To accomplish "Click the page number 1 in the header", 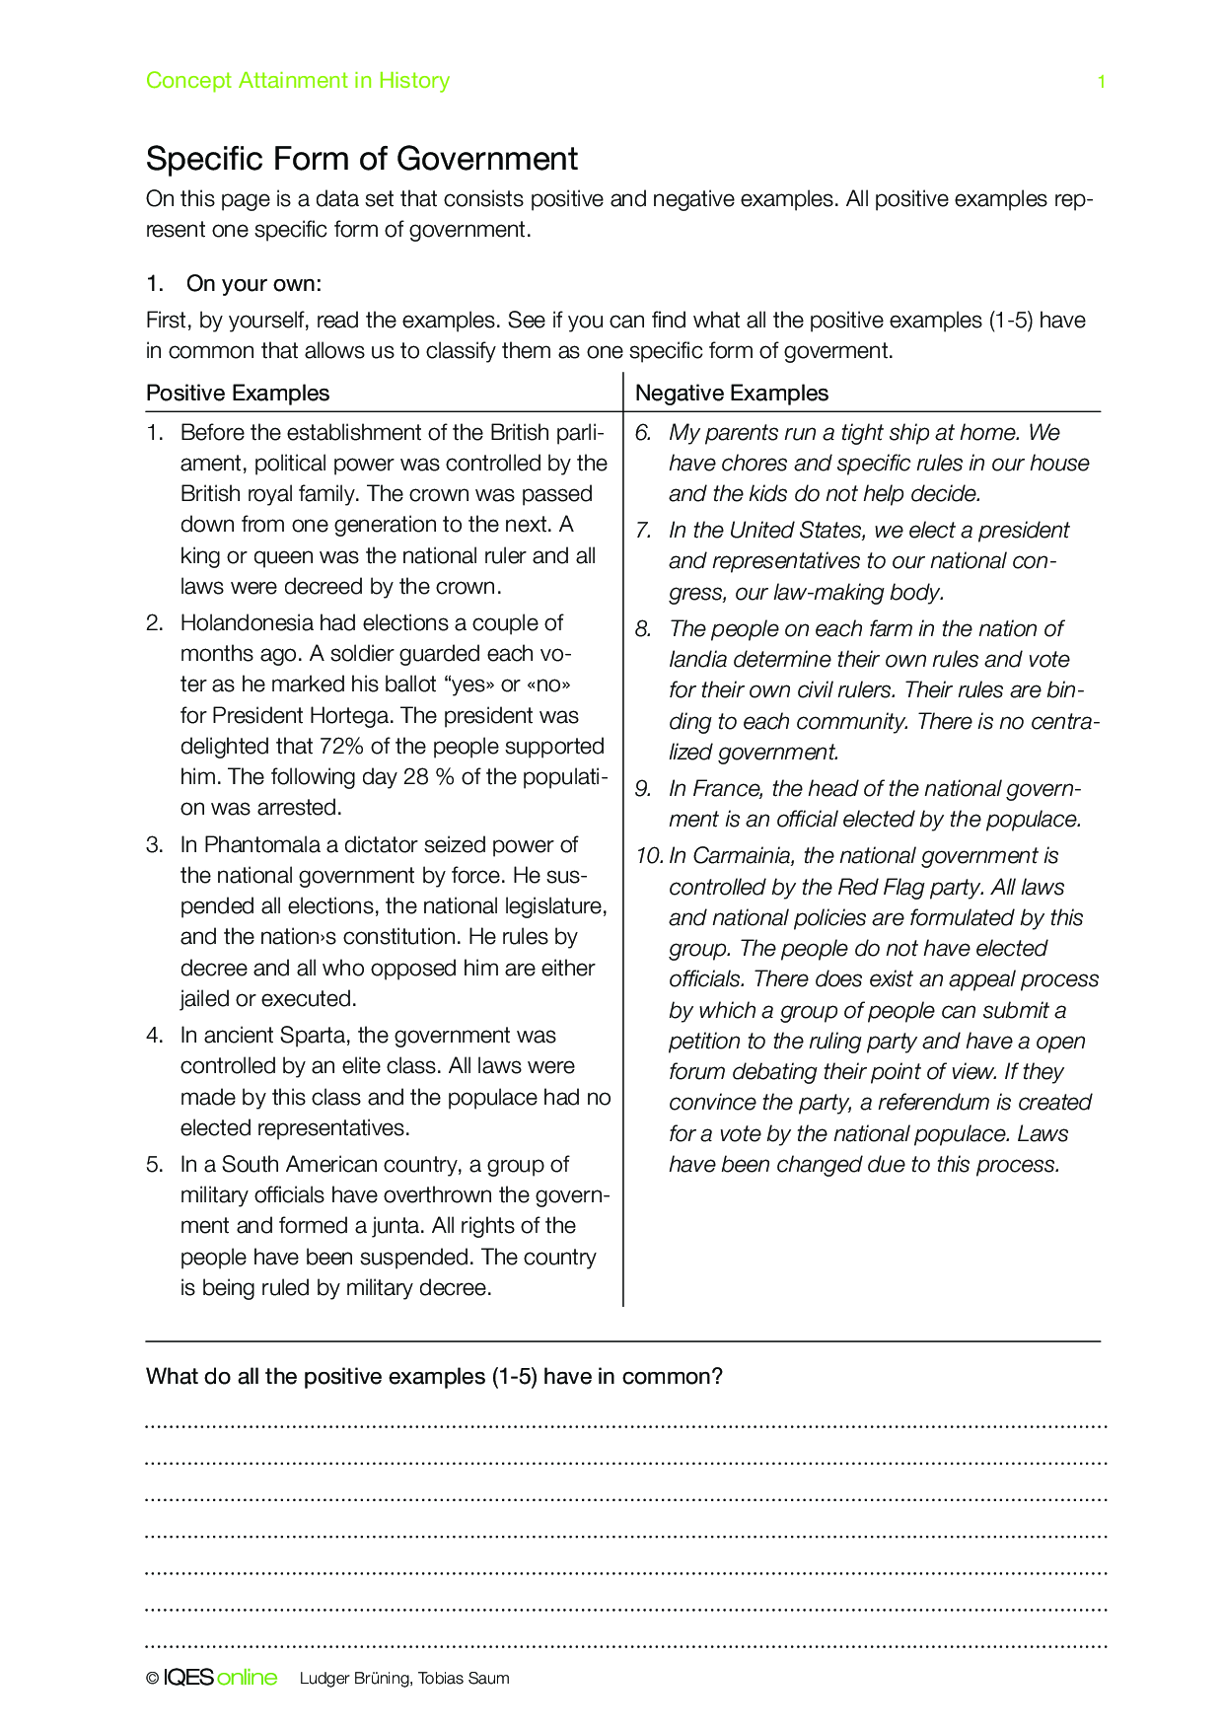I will (x=1101, y=82).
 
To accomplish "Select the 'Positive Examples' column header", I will (x=238, y=393).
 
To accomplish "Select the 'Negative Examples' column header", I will (x=731, y=393).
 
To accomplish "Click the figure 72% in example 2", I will (x=342, y=746).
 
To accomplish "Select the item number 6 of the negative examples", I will (x=643, y=432).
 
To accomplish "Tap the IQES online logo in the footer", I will (x=220, y=1678).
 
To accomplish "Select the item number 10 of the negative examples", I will (x=649, y=855).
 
